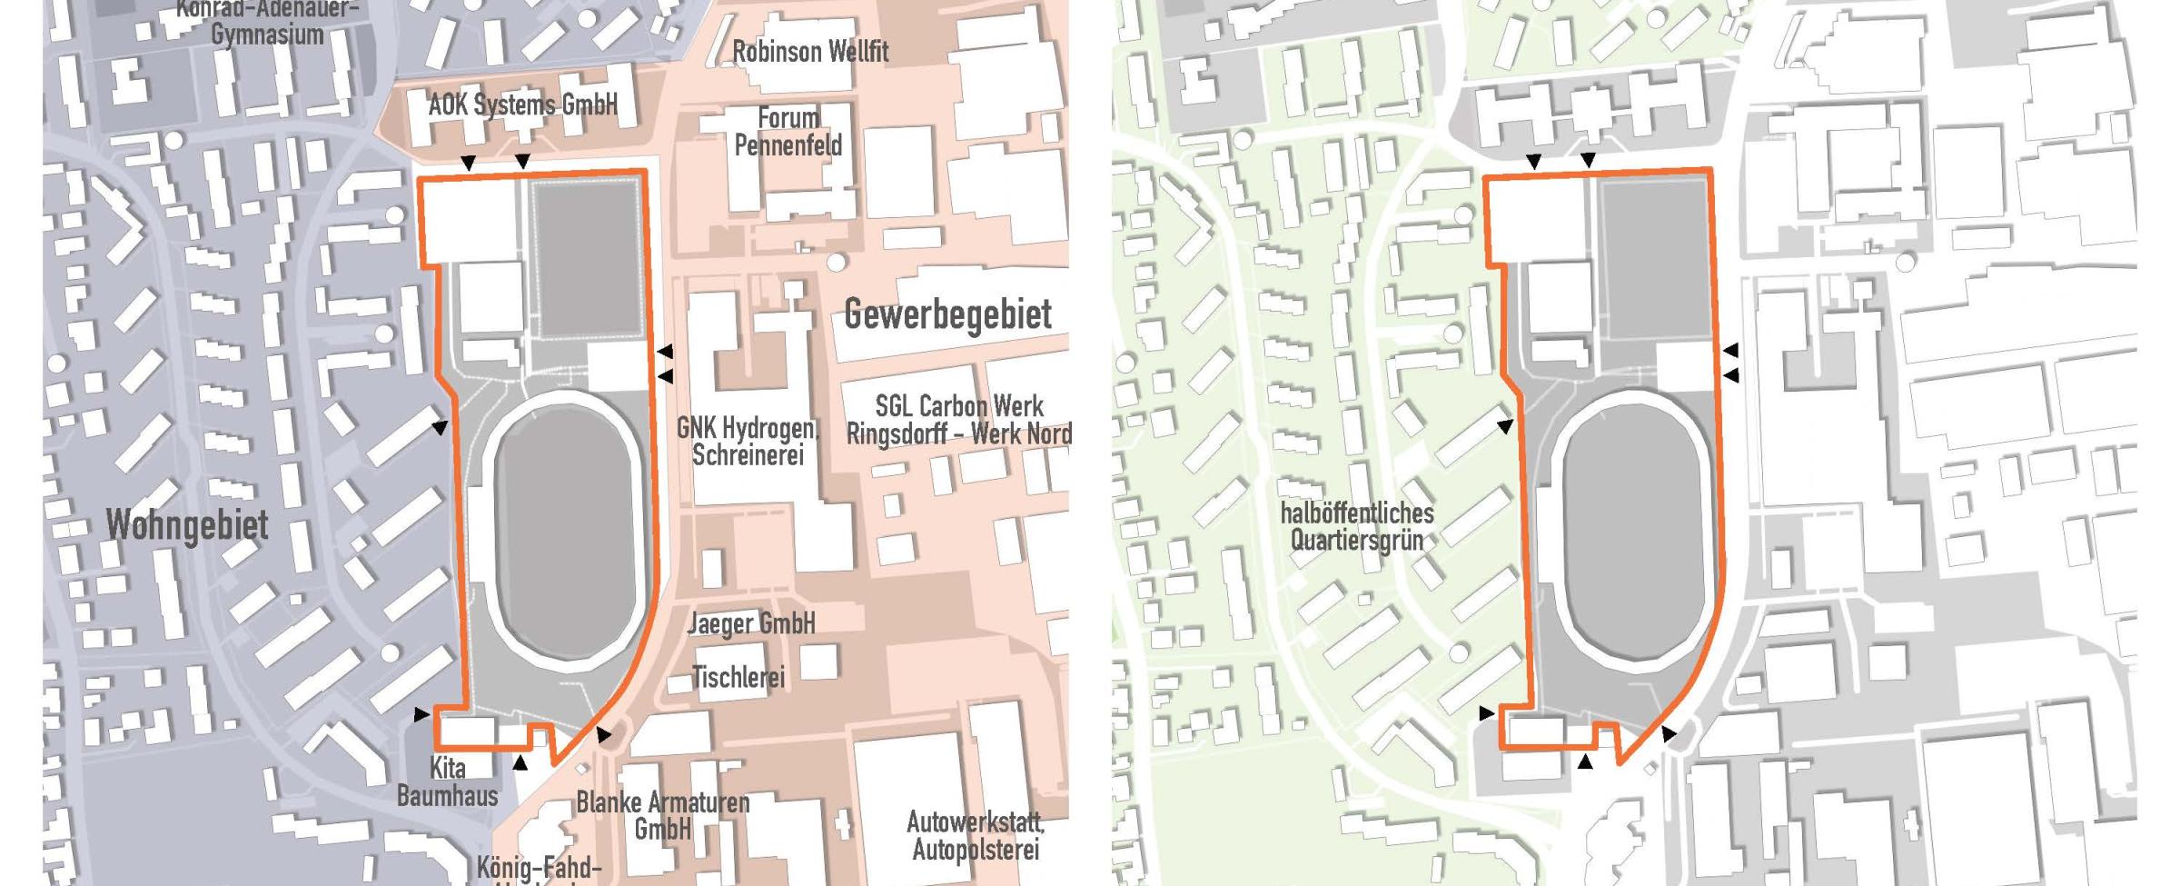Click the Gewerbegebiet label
[947, 314]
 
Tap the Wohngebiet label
[187, 525]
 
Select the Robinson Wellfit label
[810, 52]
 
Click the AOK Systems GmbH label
[522, 105]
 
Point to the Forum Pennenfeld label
[788, 132]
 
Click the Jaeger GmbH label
[751, 623]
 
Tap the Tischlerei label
[738, 677]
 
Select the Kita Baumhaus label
[447, 782]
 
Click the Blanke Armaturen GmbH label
[663, 815]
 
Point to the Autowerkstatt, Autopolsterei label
[976, 836]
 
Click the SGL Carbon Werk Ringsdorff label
[958, 420]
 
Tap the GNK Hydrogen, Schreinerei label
[748, 441]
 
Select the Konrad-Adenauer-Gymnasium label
[267, 24]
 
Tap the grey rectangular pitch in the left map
[588, 259]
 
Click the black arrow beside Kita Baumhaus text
[520, 762]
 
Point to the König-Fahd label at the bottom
[539, 869]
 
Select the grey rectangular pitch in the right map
[1654, 259]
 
